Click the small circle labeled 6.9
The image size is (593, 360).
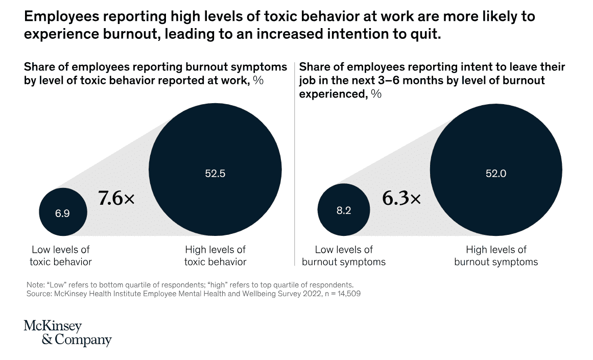tap(63, 212)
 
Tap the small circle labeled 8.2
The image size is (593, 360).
tap(344, 210)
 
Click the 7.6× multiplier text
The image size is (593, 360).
tap(116, 199)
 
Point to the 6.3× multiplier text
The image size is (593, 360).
tap(401, 199)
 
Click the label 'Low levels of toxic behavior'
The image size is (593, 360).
tap(61, 256)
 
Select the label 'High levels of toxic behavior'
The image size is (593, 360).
tap(215, 256)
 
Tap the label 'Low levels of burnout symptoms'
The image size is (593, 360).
tap(344, 256)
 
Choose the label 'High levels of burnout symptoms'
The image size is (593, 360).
tap(496, 256)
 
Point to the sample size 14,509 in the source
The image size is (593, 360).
tap(348, 294)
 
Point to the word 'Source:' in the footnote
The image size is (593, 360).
tap(38, 294)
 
